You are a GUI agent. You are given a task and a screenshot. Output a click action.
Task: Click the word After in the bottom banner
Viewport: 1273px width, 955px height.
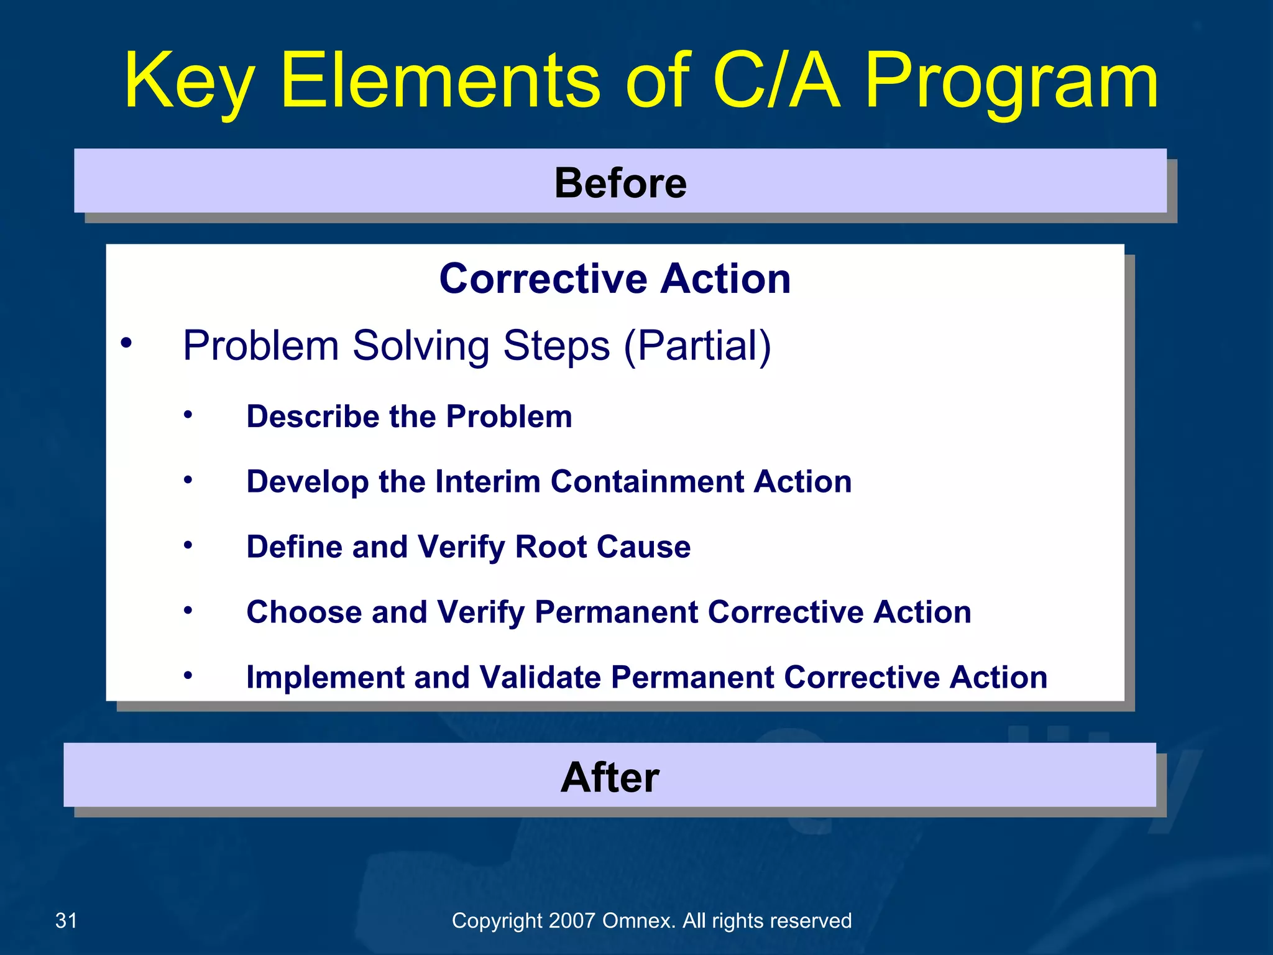coord(609,777)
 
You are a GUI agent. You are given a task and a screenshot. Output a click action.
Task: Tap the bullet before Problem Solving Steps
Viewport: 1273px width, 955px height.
coord(127,343)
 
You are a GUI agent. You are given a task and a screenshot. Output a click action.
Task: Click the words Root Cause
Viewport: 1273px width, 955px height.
coord(602,547)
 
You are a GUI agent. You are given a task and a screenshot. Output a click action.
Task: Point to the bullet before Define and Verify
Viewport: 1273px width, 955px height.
coord(188,545)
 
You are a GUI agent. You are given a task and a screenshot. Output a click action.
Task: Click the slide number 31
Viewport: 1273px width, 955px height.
coord(67,920)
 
